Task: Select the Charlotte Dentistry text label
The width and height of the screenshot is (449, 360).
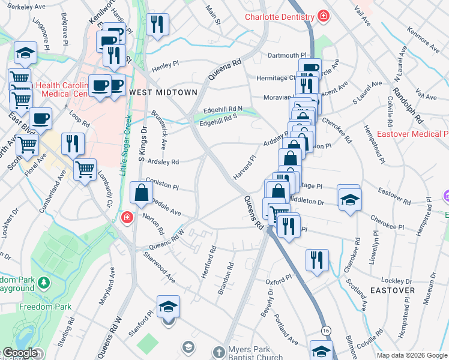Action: click(x=280, y=17)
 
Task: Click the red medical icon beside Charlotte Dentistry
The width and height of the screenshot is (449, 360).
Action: click(x=324, y=16)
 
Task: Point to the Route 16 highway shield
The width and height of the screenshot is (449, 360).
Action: click(x=325, y=331)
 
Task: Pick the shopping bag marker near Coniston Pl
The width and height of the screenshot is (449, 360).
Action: click(x=141, y=194)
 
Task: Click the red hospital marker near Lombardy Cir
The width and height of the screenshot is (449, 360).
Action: click(x=127, y=217)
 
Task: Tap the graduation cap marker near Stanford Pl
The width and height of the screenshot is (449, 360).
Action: click(x=169, y=307)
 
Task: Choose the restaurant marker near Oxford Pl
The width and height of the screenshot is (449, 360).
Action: click(x=316, y=260)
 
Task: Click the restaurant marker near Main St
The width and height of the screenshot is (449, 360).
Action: click(x=157, y=25)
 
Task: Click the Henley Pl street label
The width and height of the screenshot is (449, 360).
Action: click(x=166, y=65)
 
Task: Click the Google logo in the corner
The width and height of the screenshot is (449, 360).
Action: click(x=20, y=353)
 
